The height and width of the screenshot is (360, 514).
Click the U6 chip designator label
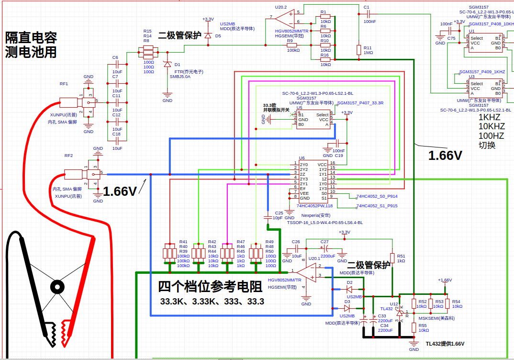point(302,158)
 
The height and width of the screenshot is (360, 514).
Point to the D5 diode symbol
point(208,36)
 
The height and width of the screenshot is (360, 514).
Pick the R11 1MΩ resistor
point(358,50)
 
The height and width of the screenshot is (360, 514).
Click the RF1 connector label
point(64,84)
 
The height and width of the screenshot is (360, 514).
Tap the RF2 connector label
point(68,156)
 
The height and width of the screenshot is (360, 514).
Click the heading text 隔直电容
point(31,37)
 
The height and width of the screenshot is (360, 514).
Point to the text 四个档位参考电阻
point(210,286)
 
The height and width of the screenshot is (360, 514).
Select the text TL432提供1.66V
point(445,344)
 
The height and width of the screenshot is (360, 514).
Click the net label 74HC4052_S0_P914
point(377,196)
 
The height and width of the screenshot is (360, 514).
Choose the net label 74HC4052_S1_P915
point(377,206)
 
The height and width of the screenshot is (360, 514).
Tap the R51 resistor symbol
point(392,258)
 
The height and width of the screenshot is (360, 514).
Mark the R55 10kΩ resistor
point(414,327)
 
